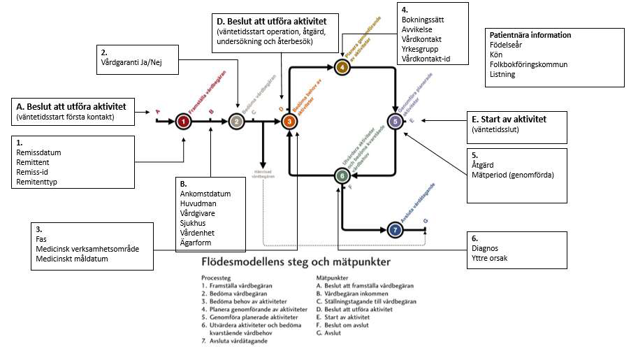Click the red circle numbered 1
click(x=183, y=122)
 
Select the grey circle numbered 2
click(x=236, y=122)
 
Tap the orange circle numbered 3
click(x=291, y=122)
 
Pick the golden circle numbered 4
click(x=342, y=67)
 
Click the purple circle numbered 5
click(x=396, y=122)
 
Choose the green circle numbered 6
click(x=342, y=176)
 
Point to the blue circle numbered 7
click(x=396, y=229)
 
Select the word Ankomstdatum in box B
click(x=205, y=194)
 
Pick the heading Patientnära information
click(x=531, y=35)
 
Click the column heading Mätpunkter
click(x=334, y=277)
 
